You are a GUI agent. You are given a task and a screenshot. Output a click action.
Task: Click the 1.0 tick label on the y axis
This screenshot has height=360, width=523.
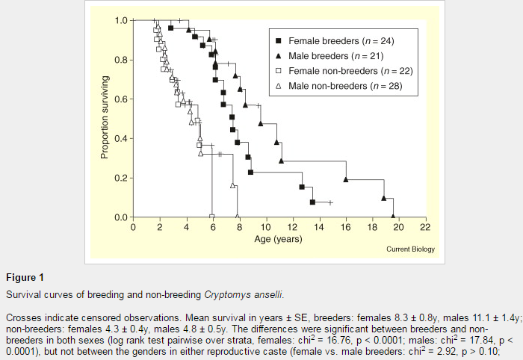click(x=122, y=20)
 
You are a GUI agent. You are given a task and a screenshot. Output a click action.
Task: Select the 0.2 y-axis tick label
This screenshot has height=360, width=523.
click(x=122, y=179)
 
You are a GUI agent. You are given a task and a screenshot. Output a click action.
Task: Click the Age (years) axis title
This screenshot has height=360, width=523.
click(x=279, y=239)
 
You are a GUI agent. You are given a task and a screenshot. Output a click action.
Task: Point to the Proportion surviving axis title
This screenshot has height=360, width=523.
click(x=105, y=118)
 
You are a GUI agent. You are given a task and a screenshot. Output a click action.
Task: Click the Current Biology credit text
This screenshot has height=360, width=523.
click(x=410, y=249)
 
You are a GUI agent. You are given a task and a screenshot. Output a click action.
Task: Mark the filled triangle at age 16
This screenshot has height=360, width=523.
click(x=346, y=179)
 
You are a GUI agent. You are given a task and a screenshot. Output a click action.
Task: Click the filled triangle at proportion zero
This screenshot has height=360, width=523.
click(x=394, y=217)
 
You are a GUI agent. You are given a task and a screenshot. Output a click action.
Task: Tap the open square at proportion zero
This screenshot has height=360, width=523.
click(x=212, y=217)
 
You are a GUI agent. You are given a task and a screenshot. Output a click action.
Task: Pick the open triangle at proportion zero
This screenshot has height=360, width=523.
click(x=238, y=217)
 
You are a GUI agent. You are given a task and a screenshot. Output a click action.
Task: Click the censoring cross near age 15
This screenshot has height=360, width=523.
click(x=330, y=202)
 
